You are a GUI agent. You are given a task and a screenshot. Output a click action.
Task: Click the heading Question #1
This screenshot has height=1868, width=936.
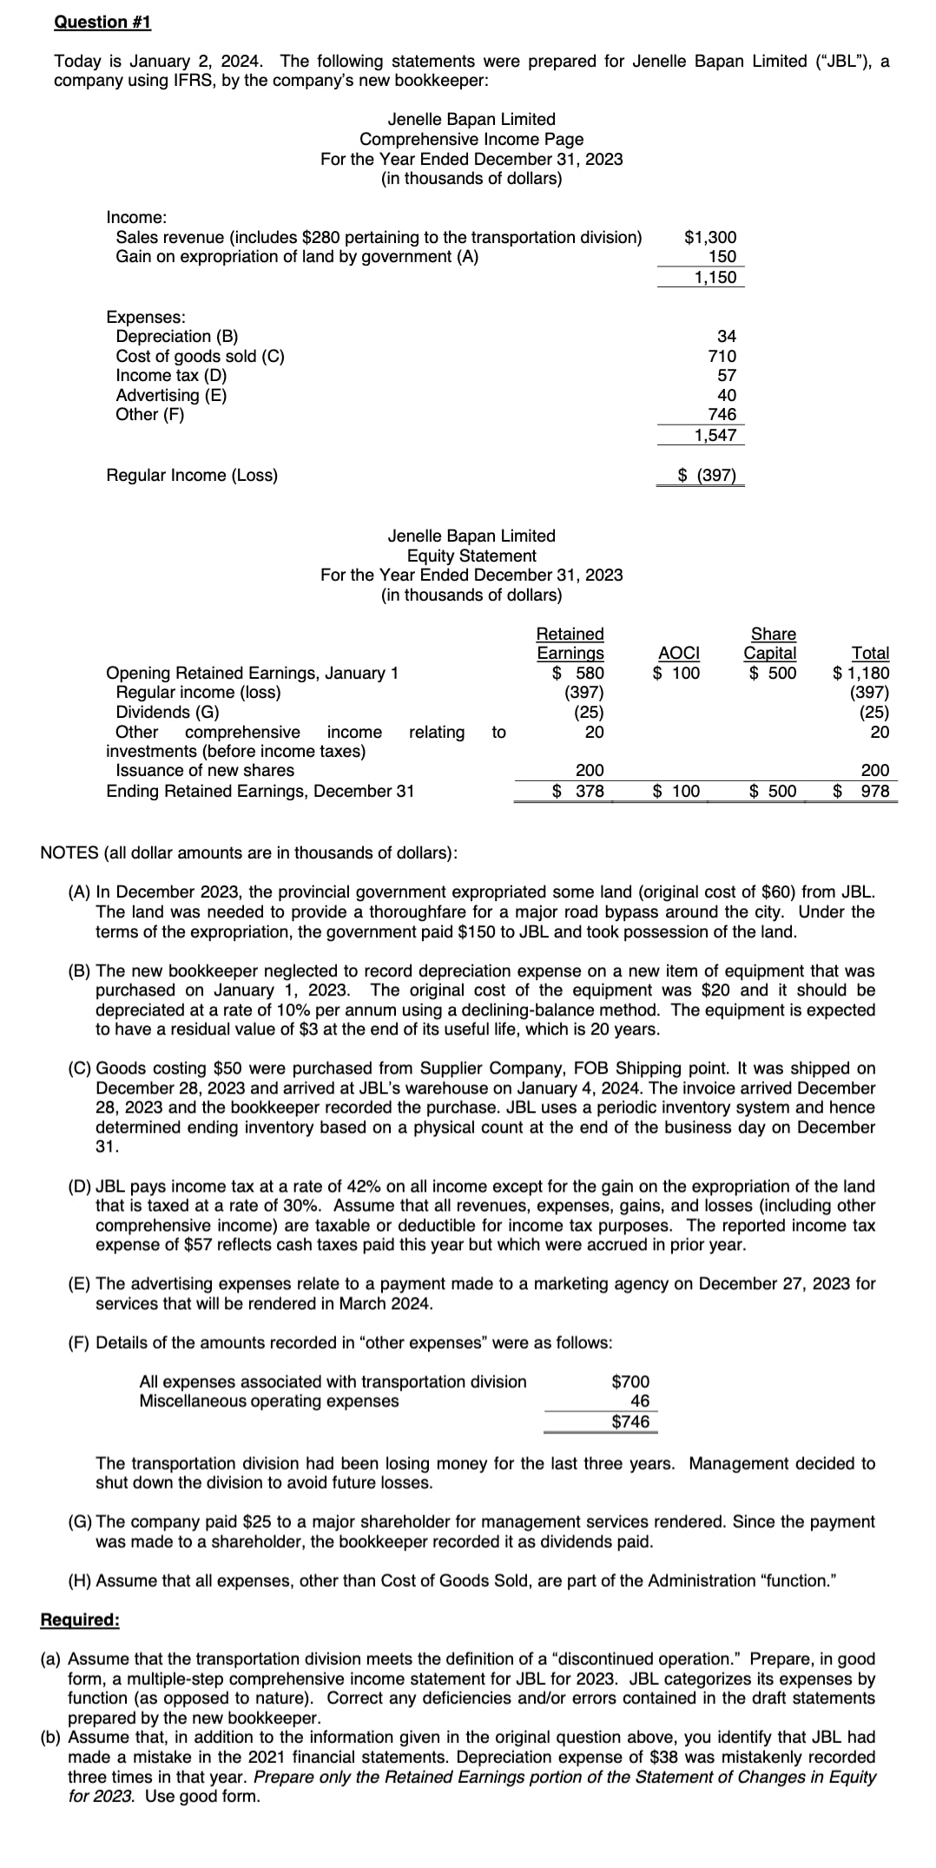(x=102, y=22)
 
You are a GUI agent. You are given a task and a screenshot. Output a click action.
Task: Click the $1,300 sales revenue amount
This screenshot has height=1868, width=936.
(x=710, y=237)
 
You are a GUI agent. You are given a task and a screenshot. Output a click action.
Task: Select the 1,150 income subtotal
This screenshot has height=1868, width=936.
(x=715, y=277)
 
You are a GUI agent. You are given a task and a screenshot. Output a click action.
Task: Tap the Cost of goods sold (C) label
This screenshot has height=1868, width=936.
(x=200, y=356)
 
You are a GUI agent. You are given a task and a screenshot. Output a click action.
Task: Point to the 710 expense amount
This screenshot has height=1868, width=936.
(x=722, y=356)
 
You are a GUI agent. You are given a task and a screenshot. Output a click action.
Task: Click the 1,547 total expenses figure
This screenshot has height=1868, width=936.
(x=715, y=435)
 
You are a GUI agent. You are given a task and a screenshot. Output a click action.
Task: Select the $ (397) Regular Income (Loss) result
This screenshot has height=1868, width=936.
(x=707, y=475)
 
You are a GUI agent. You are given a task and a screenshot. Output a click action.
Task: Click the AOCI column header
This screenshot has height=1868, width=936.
(x=679, y=653)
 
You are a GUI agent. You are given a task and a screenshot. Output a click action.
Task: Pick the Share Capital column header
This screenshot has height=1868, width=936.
(x=771, y=643)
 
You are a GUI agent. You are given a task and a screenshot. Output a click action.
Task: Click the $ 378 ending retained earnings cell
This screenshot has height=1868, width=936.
(x=579, y=791)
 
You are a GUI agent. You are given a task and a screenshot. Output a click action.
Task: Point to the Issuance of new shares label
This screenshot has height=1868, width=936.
(x=205, y=770)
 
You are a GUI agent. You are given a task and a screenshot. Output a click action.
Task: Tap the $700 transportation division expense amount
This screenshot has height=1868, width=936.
(x=630, y=1381)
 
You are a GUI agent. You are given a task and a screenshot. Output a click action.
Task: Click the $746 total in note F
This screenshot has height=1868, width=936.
(x=630, y=1421)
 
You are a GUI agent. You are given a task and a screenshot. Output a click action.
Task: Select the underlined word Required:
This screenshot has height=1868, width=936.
(x=80, y=1620)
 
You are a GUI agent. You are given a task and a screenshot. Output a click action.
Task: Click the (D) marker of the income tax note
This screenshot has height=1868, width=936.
(x=80, y=1186)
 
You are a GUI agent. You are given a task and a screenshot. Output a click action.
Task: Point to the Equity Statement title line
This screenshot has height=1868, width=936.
(x=471, y=556)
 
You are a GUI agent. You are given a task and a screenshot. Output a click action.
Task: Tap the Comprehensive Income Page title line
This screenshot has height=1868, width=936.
(x=471, y=139)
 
